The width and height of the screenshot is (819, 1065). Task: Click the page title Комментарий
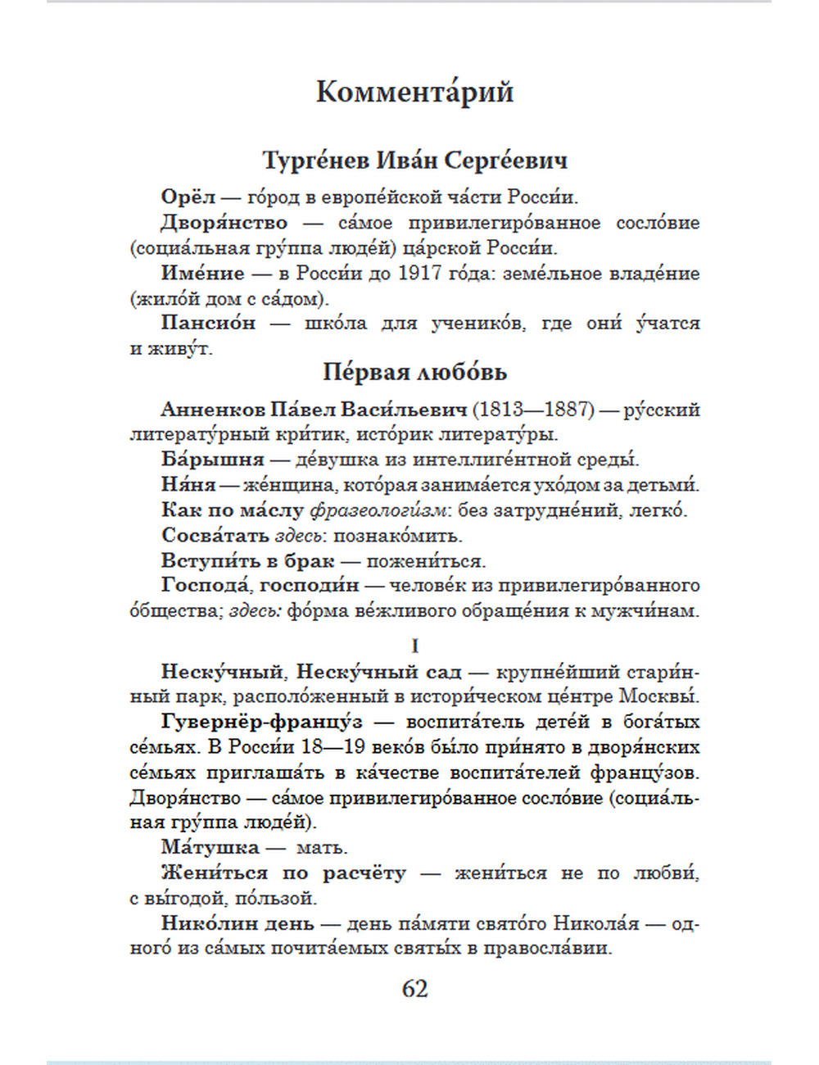pos(414,92)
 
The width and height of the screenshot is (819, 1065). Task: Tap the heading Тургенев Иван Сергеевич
pos(414,161)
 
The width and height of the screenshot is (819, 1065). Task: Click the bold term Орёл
pos(188,197)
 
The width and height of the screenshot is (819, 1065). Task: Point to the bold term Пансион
pos(208,324)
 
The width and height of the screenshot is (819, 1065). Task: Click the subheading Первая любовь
pos(414,373)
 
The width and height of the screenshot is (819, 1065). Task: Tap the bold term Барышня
pos(213,460)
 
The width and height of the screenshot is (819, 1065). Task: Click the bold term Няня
pos(188,485)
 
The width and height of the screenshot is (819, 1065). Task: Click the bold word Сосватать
pos(215,536)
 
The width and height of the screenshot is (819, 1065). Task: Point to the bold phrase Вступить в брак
pos(248,561)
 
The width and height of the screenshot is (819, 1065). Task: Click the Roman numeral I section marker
pos(414,646)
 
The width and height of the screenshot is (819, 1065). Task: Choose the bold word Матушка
pos(210,848)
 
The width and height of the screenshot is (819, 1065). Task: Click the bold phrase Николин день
pos(238,923)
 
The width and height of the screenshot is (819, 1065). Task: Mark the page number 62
pos(414,989)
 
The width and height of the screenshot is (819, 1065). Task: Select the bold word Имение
pos(202,274)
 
